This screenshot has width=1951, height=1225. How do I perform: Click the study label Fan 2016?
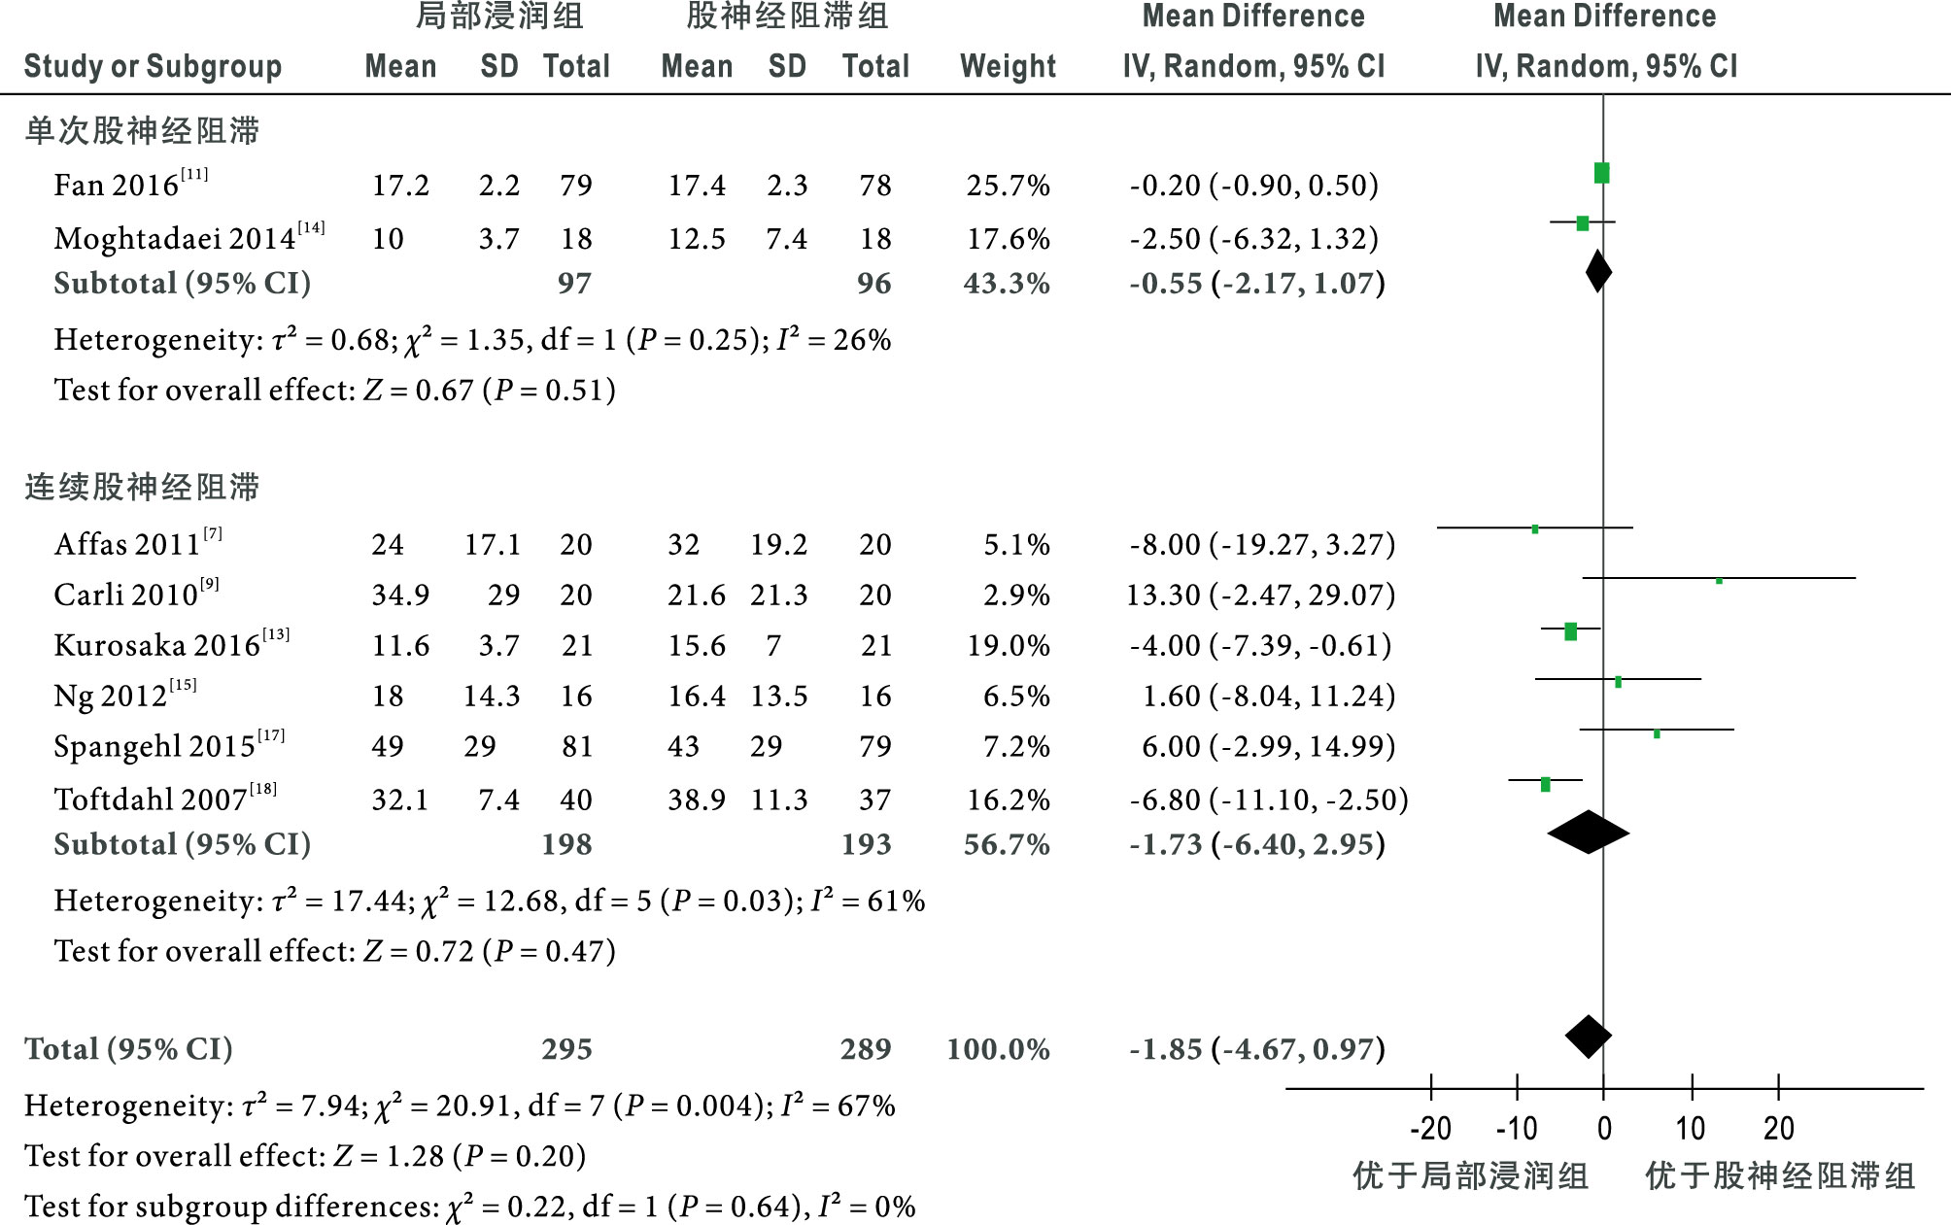(117, 185)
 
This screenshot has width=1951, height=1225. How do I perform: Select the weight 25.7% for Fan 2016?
(1008, 185)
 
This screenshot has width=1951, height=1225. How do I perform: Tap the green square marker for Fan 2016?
(1601, 173)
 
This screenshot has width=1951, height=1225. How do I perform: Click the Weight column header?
(1008, 66)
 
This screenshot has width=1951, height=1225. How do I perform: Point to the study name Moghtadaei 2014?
(175, 238)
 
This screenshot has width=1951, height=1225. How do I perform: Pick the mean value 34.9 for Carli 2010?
(400, 595)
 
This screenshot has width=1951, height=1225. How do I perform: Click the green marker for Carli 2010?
(1719, 581)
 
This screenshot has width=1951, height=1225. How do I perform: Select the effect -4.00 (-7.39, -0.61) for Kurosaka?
(1260, 645)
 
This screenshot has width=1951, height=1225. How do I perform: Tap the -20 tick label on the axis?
(1430, 1128)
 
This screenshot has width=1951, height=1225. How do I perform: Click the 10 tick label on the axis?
(1691, 1128)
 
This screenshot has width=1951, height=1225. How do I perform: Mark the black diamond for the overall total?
(1589, 1037)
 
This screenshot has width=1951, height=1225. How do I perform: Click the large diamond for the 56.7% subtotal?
(1589, 833)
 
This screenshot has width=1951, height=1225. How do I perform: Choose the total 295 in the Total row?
(566, 1049)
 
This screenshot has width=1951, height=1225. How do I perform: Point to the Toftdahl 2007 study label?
(151, 800)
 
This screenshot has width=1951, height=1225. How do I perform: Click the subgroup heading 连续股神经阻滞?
(142, 487)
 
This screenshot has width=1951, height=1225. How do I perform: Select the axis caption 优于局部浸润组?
(1470, 1175)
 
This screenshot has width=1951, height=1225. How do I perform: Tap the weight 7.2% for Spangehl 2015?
(1016, 746)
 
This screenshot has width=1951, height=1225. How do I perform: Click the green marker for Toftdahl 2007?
(1545, 784)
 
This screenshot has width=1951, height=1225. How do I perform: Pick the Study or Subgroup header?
(153, 66)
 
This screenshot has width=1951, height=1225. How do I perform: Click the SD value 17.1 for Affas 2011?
(492, 544)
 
